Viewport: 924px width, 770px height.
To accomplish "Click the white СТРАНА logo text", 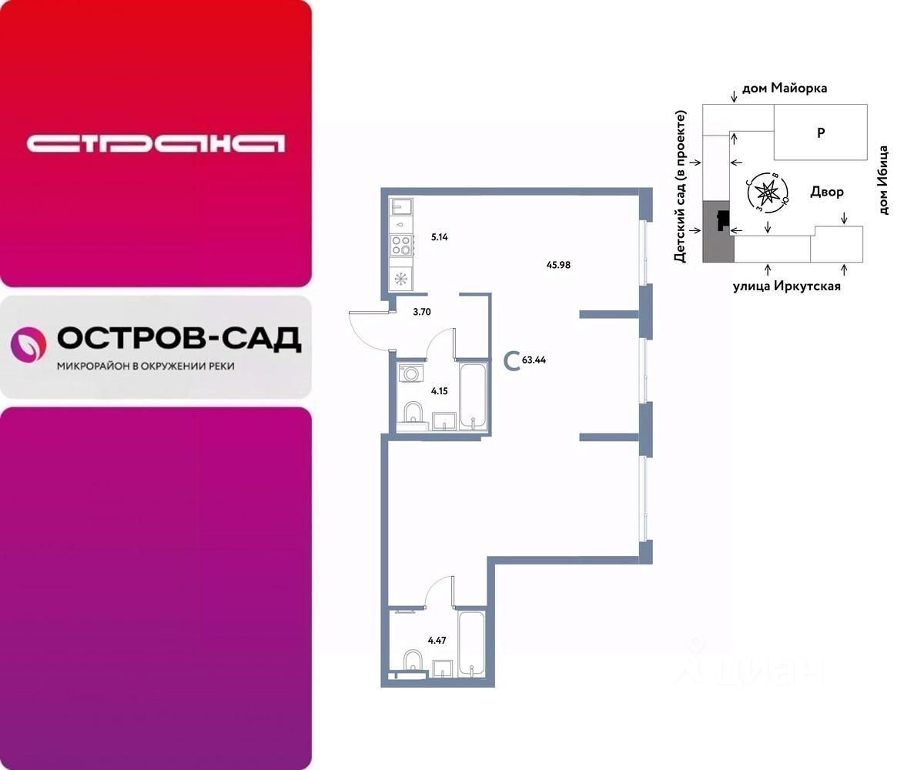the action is pos(156,143).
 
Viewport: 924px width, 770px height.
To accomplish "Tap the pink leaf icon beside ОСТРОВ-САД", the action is pos(28,343).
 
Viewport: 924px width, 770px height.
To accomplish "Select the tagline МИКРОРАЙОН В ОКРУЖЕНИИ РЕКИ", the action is pos(146,366).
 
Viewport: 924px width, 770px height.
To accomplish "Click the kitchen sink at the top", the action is pos(402,206).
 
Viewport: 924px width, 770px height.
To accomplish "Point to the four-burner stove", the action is pos(401,246).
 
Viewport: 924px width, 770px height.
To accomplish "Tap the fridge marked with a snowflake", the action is pos(401,279).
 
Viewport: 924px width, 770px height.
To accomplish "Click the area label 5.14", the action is pos(439,237).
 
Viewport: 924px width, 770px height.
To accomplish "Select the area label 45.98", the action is pos(558,265).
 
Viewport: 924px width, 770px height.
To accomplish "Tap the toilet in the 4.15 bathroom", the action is pos(413,412).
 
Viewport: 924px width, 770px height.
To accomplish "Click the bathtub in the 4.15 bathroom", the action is pos(471,397).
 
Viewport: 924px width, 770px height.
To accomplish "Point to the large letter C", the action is pos(510,360).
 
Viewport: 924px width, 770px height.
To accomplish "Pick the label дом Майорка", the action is pos(785,89).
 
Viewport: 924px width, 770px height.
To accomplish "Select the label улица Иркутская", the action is pos(786,286).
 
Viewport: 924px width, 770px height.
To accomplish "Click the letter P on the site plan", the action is pos(821,132).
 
